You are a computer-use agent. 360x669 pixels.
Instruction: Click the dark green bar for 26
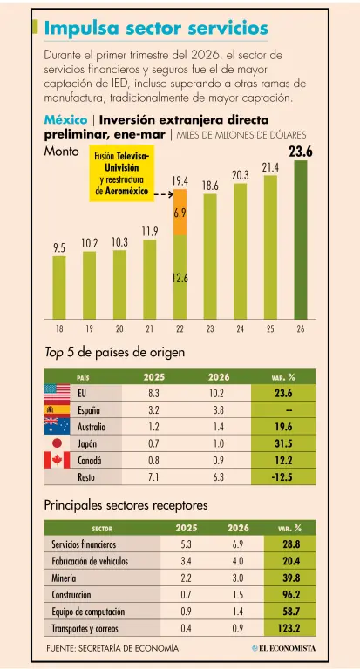tap(301, 240)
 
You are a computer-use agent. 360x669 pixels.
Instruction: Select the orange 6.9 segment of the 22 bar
tap(180, 212)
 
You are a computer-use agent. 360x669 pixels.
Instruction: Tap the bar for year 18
tap(59, 287)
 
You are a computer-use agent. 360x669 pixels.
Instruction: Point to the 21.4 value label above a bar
tap(270, 168)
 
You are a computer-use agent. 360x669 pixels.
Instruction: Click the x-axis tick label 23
tap(210, 329)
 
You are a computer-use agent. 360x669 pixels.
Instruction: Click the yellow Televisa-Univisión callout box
tap(121, 173)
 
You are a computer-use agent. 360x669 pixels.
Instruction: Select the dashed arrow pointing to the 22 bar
tap(163, 195)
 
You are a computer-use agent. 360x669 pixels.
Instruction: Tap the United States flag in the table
tap(58, 392)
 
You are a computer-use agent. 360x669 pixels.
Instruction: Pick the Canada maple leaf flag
tap(58, 460)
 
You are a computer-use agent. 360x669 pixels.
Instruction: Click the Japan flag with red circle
tap(58, 443)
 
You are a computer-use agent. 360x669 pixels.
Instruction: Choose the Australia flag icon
tap(58, 426)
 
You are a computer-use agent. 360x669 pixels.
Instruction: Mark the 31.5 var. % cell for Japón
tap(283, 443)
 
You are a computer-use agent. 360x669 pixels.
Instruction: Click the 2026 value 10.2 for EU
tap(218, 393)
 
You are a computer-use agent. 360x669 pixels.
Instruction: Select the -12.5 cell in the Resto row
tap(283, 477)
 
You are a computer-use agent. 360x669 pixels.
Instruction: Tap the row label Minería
tap(64, 578)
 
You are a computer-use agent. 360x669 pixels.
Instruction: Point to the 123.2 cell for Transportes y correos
tap(290, 628)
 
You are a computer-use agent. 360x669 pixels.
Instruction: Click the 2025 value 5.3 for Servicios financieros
tap(187, 544)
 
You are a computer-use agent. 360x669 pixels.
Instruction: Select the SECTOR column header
tap(103, 529)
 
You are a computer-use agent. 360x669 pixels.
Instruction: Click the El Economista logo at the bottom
tap(284, 648)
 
